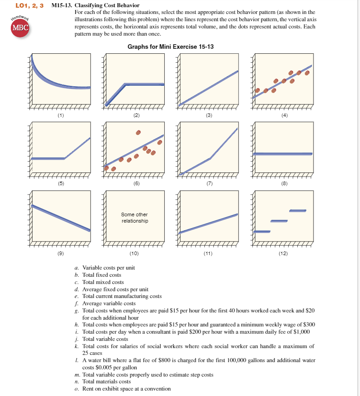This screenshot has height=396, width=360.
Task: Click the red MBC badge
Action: pyautogui.click(x=19, y=27)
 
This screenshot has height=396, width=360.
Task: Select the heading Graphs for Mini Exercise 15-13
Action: pyautogui.click(x=171, y=47)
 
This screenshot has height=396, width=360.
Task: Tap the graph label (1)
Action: pyautogui.click(x=60, y=116)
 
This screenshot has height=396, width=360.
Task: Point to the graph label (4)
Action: pyautogui.click(x=284, y=116)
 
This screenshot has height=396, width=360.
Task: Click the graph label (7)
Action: pyautogui.click(x=209, y=184)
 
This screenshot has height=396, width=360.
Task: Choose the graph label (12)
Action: pyautogui.click(x=284, y=253)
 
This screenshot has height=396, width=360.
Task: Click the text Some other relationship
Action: pyautogui.click(x=134, y=218)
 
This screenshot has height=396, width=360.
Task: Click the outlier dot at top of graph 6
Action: pyautogui.click(x=138, y=133)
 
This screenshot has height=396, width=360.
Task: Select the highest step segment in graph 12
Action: pyautogui.click(x=298, y=210)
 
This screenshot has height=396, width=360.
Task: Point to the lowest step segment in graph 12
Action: pyautogui.click(x=262, y=232)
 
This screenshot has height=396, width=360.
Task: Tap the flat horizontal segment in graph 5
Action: pyautogui.click(x=48, y=158)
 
